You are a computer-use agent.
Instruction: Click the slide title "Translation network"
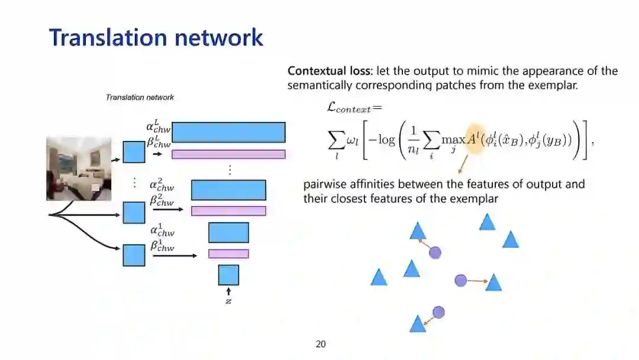[x=156, y=37]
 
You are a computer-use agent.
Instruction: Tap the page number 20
[x=321, y=344]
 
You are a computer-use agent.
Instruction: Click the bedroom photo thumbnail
[x=79, y=169]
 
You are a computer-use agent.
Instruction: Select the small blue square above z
[x=228, y=275]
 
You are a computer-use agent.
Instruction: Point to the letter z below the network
[x=228, y=301]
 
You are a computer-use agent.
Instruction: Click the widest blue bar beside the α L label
[x=228, y=132]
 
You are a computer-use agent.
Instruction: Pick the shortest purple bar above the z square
[x=228, y=253]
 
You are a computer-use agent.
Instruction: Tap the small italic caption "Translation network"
[x=140, y=97]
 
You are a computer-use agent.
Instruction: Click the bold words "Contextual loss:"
[x=330, y=71]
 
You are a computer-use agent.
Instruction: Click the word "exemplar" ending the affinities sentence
[x=472, y=199]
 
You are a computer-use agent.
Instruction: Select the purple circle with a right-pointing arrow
[x=461, y=281]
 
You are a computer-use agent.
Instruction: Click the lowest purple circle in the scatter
[x=438, y=312]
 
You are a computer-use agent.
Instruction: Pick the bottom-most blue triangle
[x=418, y=324]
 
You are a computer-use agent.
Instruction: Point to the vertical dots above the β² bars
[x=230, y=170]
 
